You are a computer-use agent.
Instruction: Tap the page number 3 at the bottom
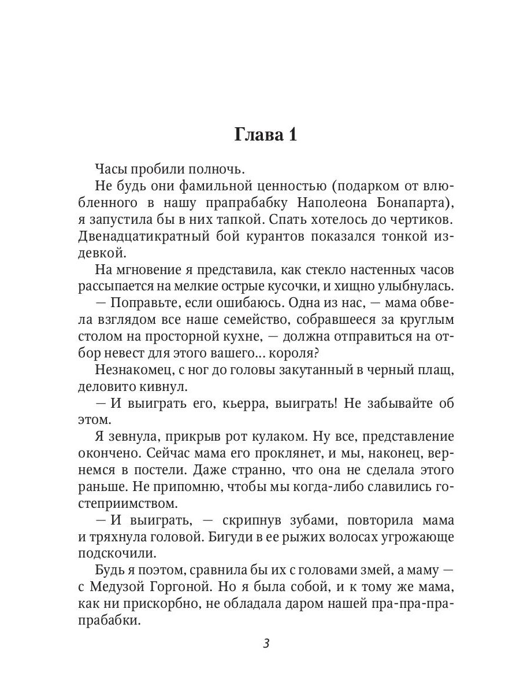266,644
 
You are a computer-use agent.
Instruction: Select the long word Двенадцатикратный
145,237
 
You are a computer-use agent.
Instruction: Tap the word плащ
438,371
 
